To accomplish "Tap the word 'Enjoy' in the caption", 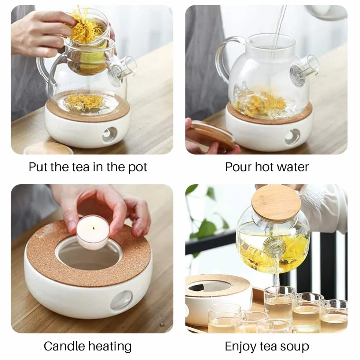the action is pos(240,347).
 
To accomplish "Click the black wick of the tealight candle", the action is pos(93,228).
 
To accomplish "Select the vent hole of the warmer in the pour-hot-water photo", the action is pos(292,137).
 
